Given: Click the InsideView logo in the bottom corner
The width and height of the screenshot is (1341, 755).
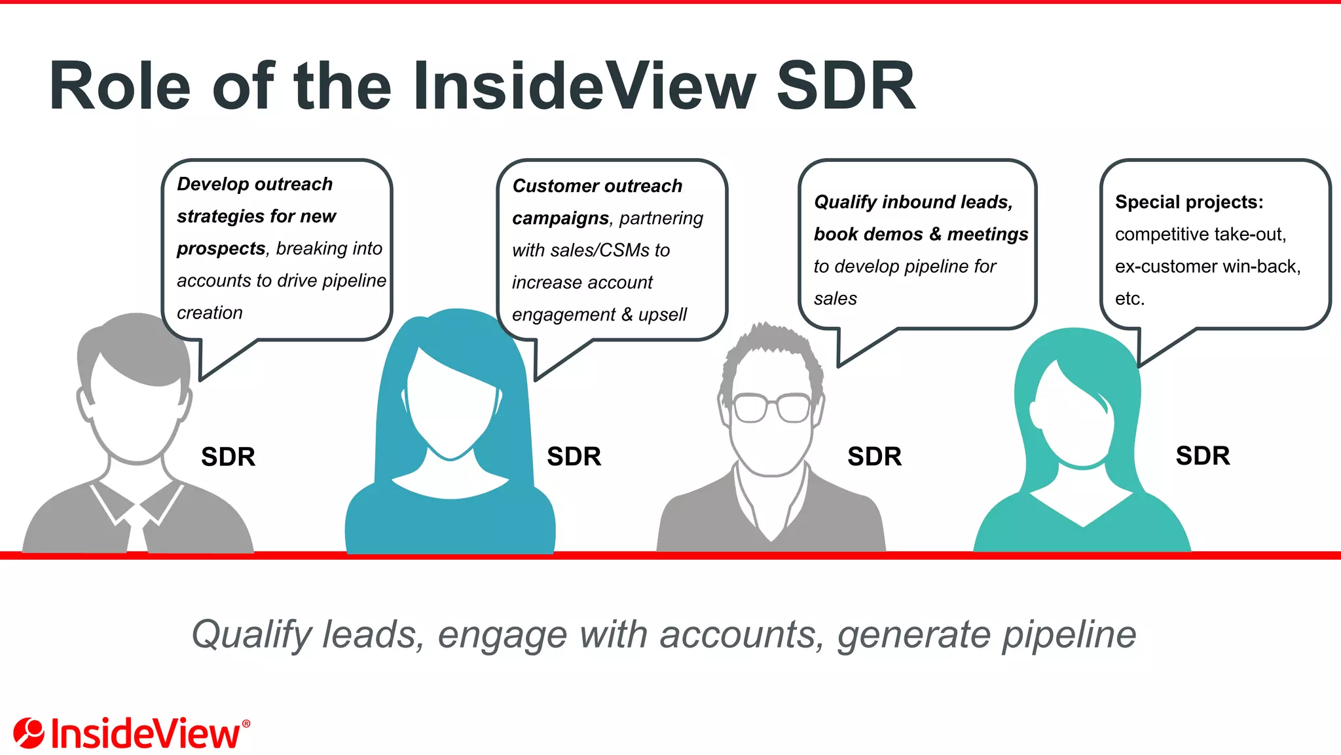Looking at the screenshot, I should point(131,733).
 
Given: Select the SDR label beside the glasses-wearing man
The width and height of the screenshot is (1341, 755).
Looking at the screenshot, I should point(874,456).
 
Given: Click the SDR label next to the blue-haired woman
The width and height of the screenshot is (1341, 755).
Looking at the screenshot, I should point(574,456).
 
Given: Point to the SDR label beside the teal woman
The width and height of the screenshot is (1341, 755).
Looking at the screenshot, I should point(1202,455).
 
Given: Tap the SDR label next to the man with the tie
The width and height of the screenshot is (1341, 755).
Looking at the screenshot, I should point(228,456).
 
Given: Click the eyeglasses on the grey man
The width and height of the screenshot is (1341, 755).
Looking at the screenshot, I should point(772,408).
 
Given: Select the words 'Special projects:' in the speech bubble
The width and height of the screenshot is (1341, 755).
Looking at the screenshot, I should point(1189,202).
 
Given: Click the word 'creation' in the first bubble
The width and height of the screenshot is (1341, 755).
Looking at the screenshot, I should point(210,313).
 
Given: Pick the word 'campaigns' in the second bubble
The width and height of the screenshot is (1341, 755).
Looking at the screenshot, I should point(560,218).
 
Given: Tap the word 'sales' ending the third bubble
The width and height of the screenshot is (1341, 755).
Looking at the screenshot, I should point(835,299).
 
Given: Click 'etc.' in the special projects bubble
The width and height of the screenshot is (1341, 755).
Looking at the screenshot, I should point(1130,299).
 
